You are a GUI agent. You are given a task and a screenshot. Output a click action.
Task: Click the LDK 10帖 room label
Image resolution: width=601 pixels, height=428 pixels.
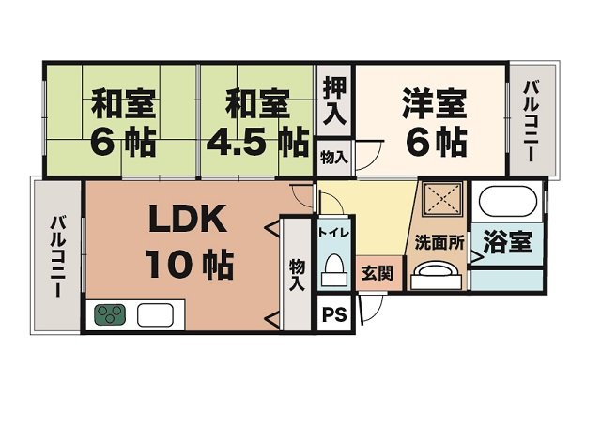(188, 243)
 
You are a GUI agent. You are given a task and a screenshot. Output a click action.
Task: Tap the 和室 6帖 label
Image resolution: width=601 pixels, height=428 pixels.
(123, 122)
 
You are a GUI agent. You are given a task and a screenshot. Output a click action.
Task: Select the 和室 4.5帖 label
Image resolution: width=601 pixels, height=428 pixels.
(254, 122)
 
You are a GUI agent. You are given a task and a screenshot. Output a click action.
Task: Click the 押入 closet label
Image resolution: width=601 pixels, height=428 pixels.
(333, 101)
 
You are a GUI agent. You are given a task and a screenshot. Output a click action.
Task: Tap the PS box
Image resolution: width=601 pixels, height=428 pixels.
(333, 314)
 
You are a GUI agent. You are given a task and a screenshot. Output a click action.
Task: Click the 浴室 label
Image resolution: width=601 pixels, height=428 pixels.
(508, 241)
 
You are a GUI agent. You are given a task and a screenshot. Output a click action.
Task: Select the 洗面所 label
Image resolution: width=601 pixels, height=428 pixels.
(440, 241)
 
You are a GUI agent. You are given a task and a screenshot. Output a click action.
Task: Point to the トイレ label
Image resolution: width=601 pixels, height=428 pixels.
(333, 231)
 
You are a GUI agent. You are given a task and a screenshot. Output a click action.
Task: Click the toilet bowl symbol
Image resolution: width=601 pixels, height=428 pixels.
(333, 273)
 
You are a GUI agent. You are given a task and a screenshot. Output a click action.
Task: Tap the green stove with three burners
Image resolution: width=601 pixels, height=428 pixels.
(109, 313)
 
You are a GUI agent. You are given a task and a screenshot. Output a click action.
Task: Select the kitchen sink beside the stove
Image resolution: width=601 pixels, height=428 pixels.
(151, 313)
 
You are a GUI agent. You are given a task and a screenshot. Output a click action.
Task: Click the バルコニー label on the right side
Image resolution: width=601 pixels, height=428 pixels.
(532, 122)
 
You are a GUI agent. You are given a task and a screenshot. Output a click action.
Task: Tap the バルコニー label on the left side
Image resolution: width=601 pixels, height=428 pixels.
(58, 256)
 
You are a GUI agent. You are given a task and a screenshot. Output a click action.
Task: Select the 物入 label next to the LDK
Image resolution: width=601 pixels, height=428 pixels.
(297, 273)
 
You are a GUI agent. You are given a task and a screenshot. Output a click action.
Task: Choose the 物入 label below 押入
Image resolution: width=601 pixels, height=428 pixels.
(333, 155)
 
